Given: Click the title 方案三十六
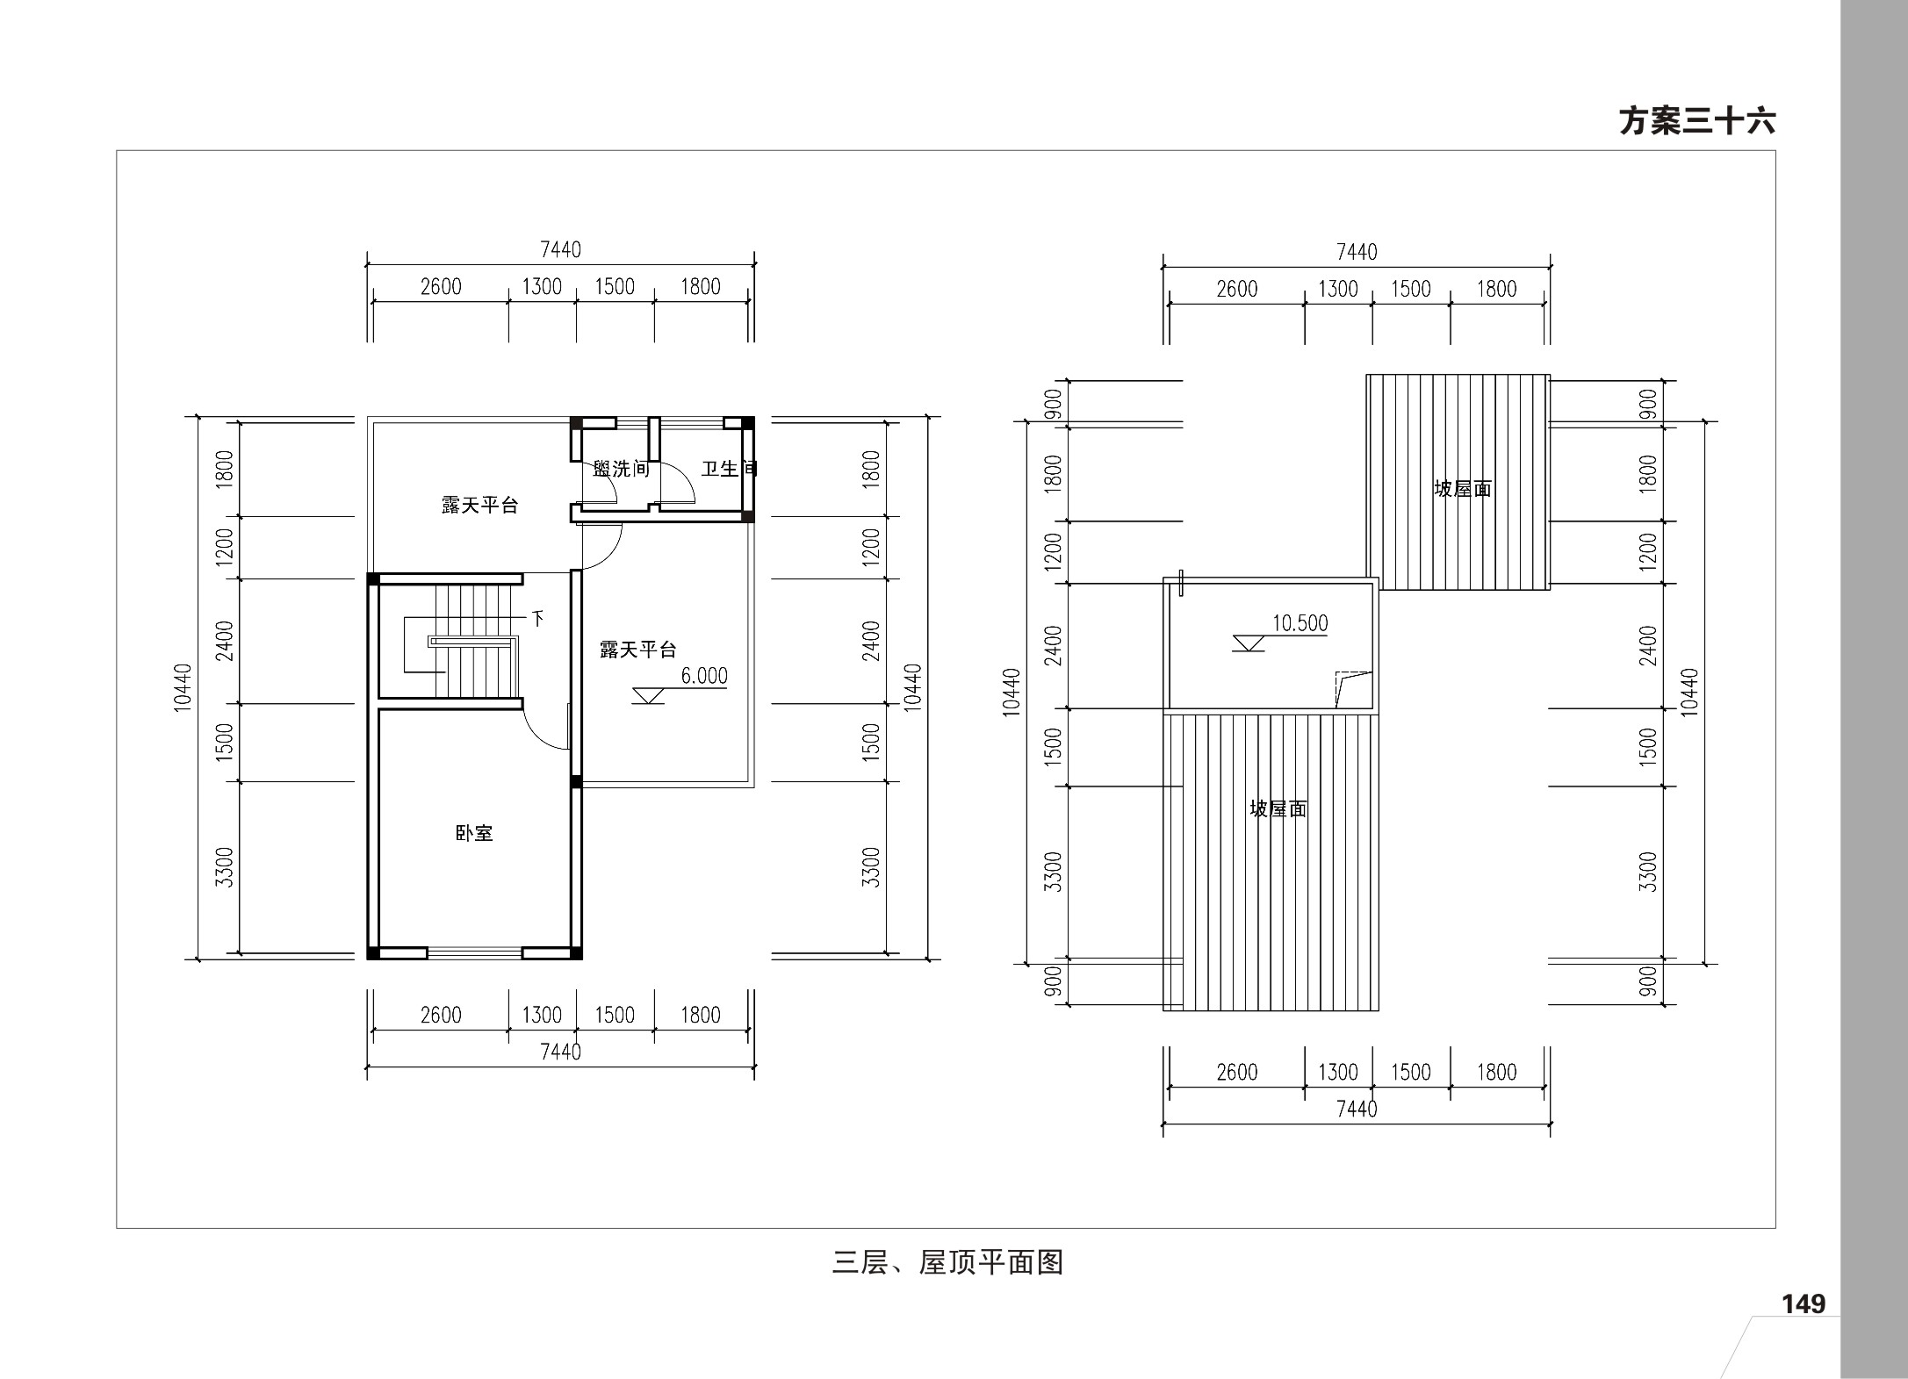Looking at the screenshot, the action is pyautogui.click(x=1696, y=122).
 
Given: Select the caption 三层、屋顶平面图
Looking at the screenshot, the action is pyautogui.click(x=947, y=1262).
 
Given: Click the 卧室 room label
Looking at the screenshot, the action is pyautogui.click(x=474, y=833).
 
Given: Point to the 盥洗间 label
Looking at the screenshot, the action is pyautogui.click(x=621, y=469).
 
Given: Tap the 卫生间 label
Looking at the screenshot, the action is pyautogui.click(x=729, y=469).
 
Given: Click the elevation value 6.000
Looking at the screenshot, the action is pyautogui.click(x=704, y=676).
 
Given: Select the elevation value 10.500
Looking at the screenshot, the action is pyautogui.click(x=1300, y=623).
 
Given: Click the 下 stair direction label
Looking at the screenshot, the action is pyautogui.click(x=537, y=619).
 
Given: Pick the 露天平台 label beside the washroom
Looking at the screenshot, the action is pyautogui.click(x=479, y=506).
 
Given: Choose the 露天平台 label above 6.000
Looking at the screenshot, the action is pyautogui.click(x=638, y=650).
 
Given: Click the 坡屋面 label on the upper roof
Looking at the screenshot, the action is pyautogui.click(x=1463, y=489).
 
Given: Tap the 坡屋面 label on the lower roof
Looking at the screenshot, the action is pyautogui.click(x=1278, y=808).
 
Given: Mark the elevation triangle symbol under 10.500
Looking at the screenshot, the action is pyautogui.click(x=1249, y=643).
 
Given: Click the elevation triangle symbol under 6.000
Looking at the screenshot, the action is pyautogui.click(x=649, y=696).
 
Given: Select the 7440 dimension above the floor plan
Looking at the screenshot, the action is pyautogui.click(x=560, y=250).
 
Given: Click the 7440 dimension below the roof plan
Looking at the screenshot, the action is pyautogui.click(x=1357, y=1110).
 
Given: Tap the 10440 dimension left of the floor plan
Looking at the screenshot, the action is pyautogui.click(x=182, y=687).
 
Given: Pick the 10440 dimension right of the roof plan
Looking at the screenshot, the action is pyautogui.click(x=1689, y=693).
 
